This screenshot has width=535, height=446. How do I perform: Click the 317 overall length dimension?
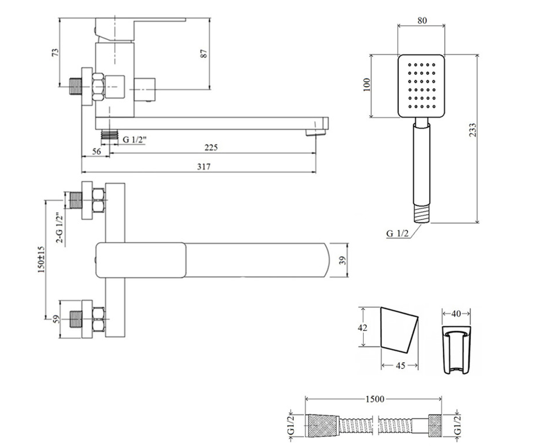point(204,167)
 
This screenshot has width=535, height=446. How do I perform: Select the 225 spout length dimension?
point(211,148)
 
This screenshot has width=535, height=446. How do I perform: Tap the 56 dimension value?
point(97,152)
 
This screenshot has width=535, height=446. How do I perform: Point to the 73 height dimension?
point(55,52)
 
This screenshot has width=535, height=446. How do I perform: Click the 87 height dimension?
point(203,54)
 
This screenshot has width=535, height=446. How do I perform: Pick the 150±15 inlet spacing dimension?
point(41,260)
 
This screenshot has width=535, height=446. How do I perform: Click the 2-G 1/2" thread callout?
point(59,227)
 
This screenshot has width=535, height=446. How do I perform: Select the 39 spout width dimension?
point(343,260)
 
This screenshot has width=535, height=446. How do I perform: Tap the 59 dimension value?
point(56,318)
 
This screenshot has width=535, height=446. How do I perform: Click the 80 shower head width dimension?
point(422,21)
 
